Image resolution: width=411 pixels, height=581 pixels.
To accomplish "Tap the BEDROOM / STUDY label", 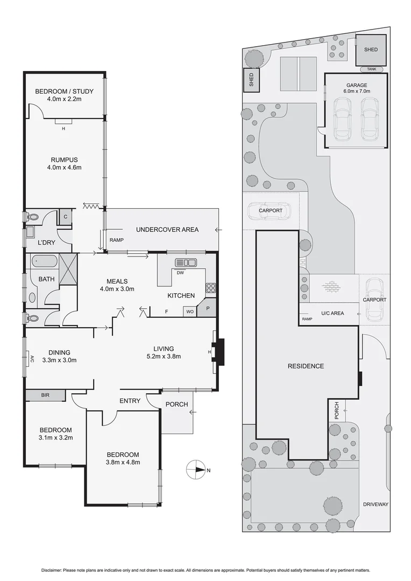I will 64,91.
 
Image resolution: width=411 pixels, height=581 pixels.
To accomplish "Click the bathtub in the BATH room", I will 44,262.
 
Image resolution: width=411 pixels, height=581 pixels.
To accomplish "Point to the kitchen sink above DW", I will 186,263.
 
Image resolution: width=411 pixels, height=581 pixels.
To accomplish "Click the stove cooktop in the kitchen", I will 210,288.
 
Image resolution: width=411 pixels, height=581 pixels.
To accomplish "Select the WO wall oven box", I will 190,311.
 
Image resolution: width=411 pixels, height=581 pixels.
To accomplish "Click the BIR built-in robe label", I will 45,395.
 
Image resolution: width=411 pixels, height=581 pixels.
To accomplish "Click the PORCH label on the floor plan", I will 176,405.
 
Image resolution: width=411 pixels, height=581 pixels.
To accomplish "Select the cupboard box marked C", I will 65,216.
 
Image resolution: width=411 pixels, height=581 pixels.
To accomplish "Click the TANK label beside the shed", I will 371,69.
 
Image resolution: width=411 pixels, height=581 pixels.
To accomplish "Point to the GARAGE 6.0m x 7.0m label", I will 356,89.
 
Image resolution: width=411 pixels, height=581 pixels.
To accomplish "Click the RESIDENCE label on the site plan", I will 306,366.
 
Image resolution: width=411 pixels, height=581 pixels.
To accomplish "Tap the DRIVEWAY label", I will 375,504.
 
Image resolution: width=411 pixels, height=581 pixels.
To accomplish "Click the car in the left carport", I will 269,211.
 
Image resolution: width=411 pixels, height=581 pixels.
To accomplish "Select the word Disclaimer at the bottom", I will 53,570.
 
